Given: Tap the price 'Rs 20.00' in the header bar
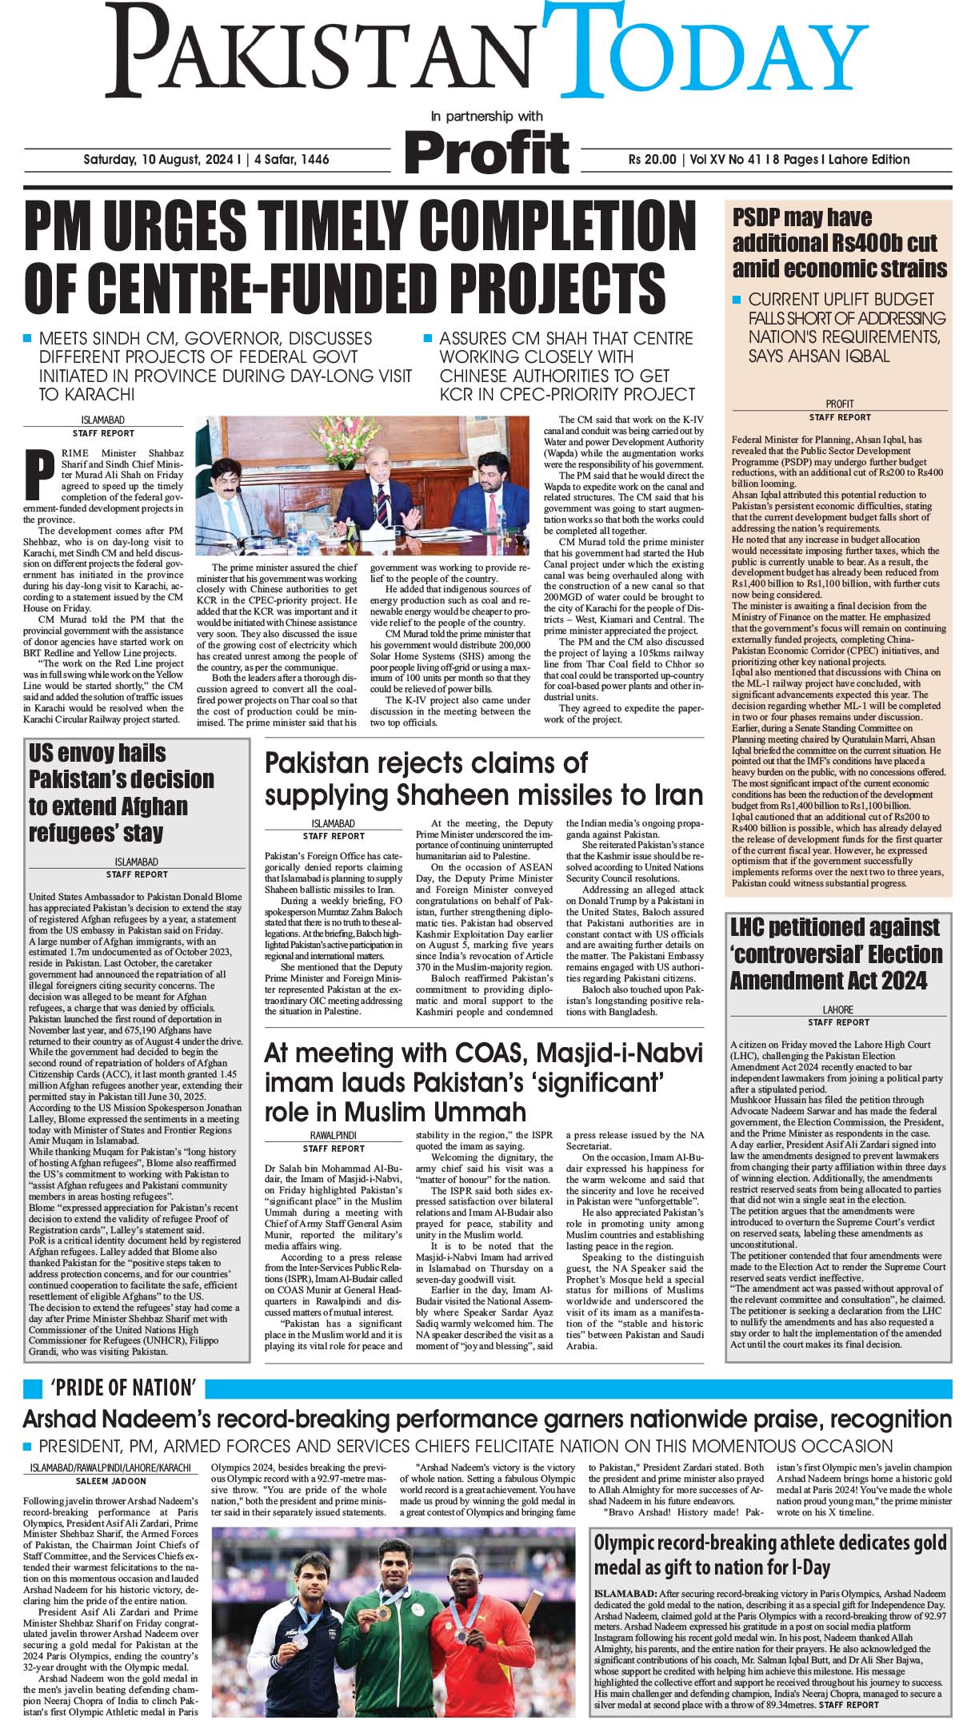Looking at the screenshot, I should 652,159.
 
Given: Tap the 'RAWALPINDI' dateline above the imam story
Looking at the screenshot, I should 334,1135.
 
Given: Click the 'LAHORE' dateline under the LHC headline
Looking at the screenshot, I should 838,1009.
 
